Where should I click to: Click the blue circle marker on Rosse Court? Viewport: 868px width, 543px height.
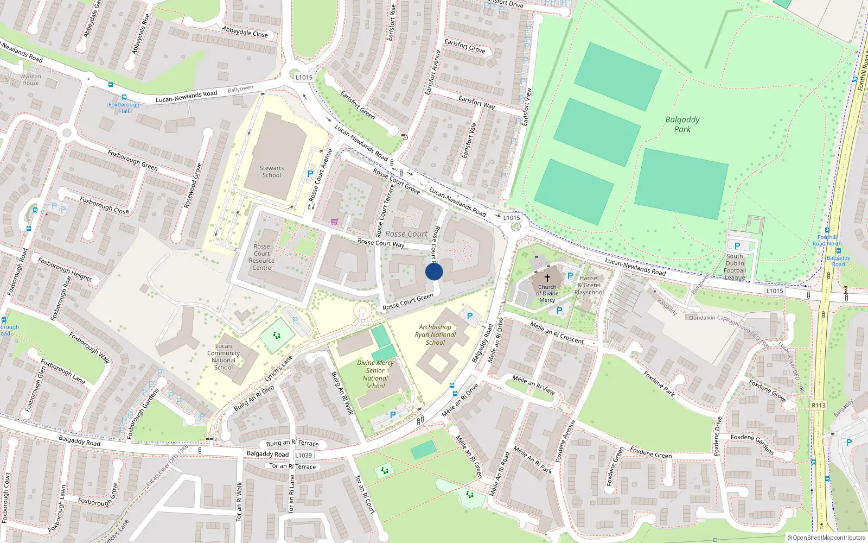pos(434,271)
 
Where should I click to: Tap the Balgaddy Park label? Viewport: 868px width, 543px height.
pos(682,124)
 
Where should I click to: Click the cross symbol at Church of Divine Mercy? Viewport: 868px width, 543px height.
pos(547,278)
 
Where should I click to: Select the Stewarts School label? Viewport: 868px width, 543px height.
pos(272,172)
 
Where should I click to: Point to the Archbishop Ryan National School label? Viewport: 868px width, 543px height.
pos(435,334)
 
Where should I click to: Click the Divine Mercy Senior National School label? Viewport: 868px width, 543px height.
pos(375,374)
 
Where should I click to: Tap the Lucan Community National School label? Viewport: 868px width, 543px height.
pos(224,357)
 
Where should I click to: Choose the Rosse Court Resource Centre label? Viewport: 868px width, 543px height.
pos(261,257)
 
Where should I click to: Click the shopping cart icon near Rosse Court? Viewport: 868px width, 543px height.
pos(334,222)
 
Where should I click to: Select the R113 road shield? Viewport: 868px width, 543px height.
pos(819,405)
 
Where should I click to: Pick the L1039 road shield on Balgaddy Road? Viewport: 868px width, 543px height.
pos(303,455)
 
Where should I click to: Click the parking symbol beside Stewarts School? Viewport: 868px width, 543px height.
pos(310,174)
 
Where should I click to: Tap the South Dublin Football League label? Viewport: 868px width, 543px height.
pos(735,267)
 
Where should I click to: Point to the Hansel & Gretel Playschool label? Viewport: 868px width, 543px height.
pos(589,285)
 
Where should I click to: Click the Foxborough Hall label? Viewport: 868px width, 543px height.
pos(124,108)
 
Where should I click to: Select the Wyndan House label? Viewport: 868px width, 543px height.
pos(30,80)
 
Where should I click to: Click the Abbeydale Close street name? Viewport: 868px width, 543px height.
pos(245,32)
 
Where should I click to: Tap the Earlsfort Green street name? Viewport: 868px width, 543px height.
pos(358,104)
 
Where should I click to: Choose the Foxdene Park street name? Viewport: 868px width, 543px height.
pos(659,383)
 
